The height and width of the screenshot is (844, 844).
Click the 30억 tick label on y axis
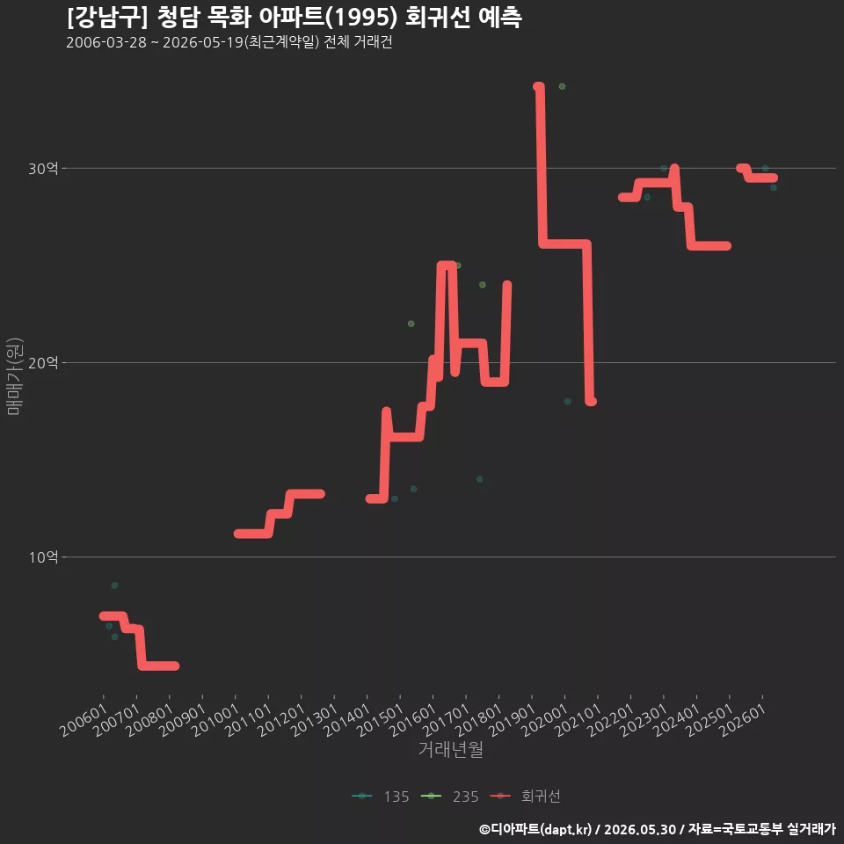[43, 169]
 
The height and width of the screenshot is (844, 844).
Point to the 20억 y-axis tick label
[43, 363]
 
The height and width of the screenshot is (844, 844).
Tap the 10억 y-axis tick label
[43, 557]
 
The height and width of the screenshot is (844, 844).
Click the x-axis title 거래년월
[450, 749]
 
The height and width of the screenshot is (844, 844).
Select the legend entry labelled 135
[381, 797]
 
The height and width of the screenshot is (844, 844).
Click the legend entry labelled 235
[449, 797]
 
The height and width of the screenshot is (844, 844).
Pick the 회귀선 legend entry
[526, 797]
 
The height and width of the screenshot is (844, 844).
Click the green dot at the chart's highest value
[562, 87]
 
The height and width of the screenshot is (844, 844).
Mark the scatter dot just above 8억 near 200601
[114, 586]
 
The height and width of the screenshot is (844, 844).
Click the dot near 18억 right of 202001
[567, 402]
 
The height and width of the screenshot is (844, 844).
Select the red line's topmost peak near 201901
[538, 86]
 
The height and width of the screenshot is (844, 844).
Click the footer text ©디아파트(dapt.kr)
[535, 829]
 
